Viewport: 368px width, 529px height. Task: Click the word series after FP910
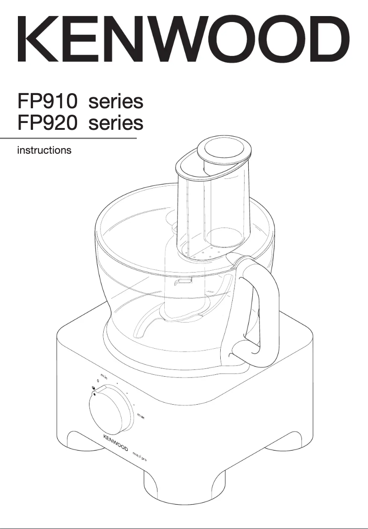pyautogui.click(x=116, y=101)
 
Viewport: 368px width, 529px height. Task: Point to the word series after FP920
pyautogui.click(x=116, y=123)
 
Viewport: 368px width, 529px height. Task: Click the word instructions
pyautogui.click(x=44, y=150)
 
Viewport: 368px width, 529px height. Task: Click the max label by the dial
pyautogui.click(x=141, y=417)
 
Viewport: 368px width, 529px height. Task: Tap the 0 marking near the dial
pyautogui.click(x=98, y=382)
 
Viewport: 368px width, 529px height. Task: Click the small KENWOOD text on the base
pyautogui.click(x=115, y=442)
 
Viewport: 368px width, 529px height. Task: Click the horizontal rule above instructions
pyautogui.click(x=68, y=138)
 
